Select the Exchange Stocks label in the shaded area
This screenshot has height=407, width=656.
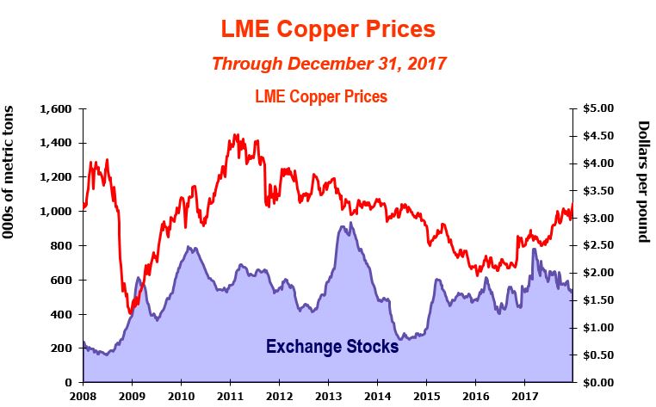point(331,347)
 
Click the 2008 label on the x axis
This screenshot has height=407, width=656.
point(83,396)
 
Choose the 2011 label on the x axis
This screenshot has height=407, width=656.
point(230,396)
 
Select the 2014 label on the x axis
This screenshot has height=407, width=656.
point(377,396)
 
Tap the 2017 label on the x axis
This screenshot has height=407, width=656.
point(524,396)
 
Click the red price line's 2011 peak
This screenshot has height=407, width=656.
point(235,135)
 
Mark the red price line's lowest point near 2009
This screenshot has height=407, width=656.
point(130,313)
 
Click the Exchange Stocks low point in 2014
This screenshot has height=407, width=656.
point(402,339)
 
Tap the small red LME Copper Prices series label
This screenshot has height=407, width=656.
point(321,96)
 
